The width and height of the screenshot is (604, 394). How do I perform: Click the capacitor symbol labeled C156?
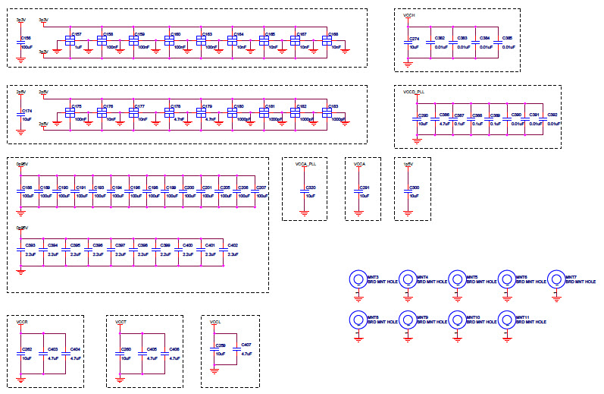pyautogui.click(x=21, y=42)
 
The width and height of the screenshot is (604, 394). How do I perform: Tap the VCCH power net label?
pyautogui.click(x=409, y=15)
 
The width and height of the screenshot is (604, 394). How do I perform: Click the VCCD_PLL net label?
pyautogui.click(x=415, y=91)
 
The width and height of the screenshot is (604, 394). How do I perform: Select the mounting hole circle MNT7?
pyautogui.click(x=556, y=279)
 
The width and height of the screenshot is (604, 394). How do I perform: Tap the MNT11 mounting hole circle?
pyautogui.click(x=506, y=319)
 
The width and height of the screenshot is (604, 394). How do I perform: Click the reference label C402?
pyautogui.click(x=233, y=245)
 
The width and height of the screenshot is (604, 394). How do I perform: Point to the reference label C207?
pyautogui.click(x=262, y=187)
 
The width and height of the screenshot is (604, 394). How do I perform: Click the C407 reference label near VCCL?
pyautogui.click(x=246, y=346)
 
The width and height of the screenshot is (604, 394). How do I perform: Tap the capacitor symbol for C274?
pyautogui.click(x=409, y=42)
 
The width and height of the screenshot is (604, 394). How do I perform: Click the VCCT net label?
pyautogui.click(x=121, y=323)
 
